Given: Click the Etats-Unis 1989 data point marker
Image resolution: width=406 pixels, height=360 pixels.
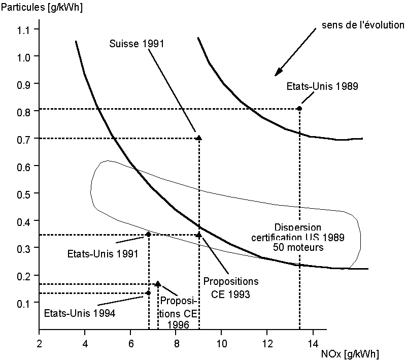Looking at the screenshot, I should click(299, 108).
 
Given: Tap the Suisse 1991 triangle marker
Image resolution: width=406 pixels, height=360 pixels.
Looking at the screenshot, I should click(198, 138).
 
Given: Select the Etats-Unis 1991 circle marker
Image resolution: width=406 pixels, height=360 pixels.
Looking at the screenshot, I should click(148, 234).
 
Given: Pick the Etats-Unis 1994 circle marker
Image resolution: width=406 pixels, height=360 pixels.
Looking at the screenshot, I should click(148, 292).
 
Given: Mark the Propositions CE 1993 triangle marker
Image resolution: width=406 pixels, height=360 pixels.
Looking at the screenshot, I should click(198, 235).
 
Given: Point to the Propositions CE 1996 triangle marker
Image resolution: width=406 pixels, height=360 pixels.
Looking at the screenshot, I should click(158, 284).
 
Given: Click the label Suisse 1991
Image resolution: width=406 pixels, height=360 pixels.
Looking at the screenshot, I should click(137, 44).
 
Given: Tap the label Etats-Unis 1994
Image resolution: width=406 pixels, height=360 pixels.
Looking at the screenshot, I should click(80, 313).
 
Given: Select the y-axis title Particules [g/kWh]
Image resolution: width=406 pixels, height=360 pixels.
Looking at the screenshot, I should click(42, 8).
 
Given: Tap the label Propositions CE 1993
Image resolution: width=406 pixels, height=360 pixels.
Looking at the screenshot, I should click(231, 287).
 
